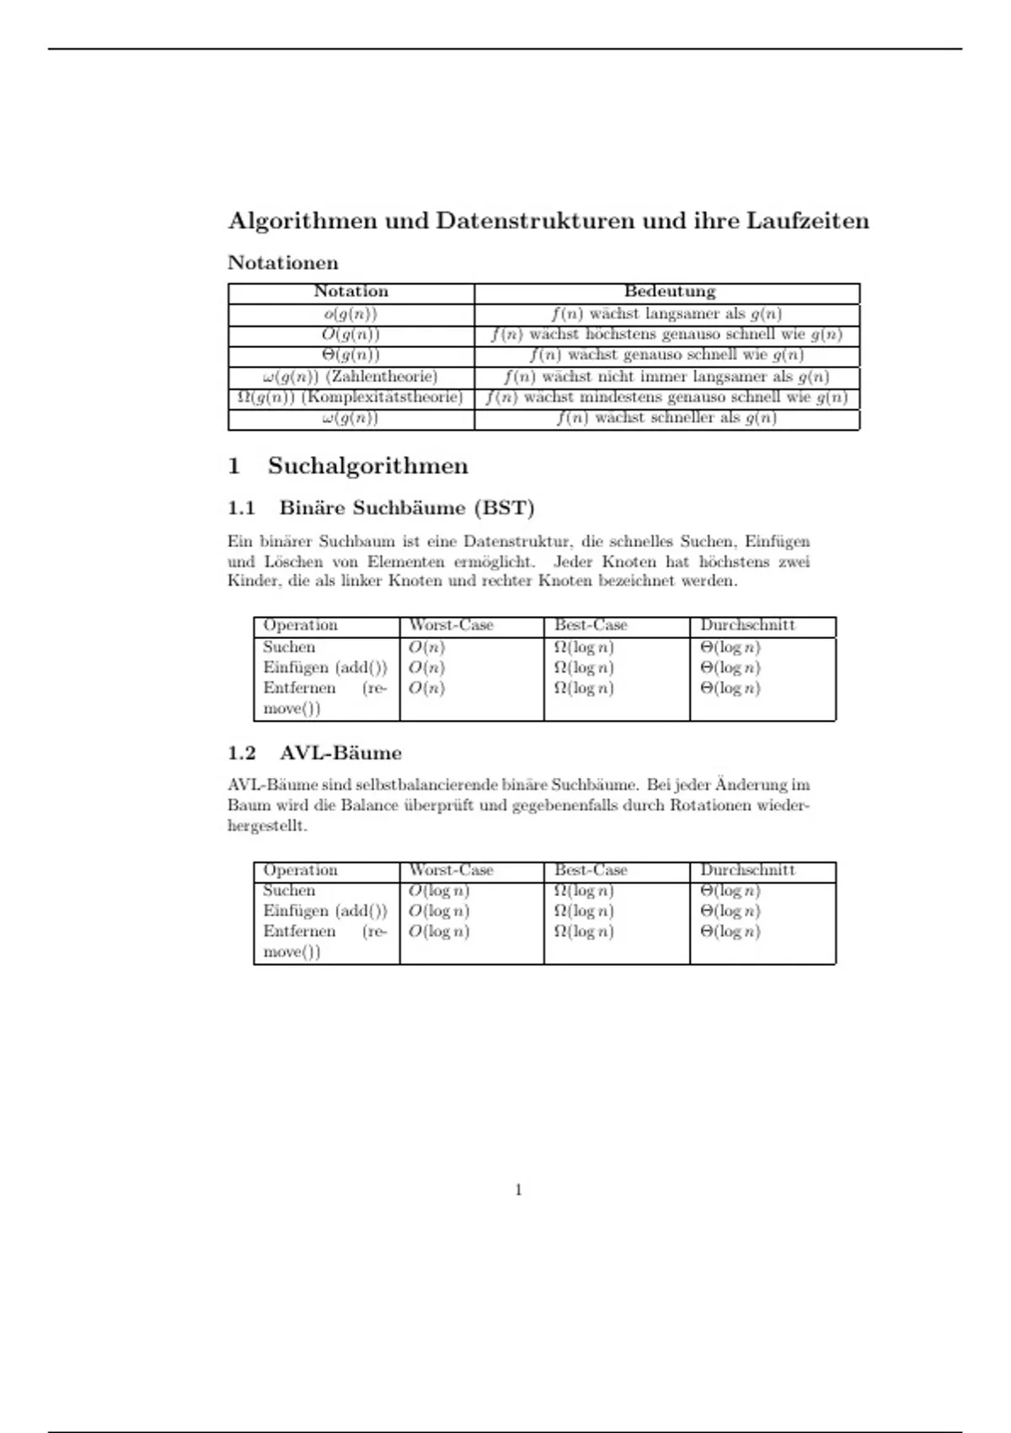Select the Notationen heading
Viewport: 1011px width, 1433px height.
pyautogui.click(x=283, y=263)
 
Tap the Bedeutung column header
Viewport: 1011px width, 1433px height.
pyautogui.click(x=669, y=292)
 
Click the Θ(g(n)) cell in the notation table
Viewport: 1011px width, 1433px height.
pyautogui.click(x=350, y=355)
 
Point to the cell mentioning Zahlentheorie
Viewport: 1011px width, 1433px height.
pyautogui.click(x=350, y=377)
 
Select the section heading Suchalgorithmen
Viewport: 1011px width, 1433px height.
pyautogui.click(x=367, y=466)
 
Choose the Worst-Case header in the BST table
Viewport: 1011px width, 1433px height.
pyautogui.click(x=451, y=625)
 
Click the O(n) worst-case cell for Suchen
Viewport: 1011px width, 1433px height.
pyautogui.click(x=426, y=647)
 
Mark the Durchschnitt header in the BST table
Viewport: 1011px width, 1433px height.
pyautogui.click(x=747, y=625)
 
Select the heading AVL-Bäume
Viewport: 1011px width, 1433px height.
pyautogui.click(x=340, y=753)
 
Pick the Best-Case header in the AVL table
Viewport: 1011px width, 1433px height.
pyautogui.click(x=591, y=870)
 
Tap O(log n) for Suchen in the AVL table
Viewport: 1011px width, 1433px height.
pyautogui.click(x=439, y=891)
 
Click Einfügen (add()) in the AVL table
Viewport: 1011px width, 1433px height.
pyautogui.click(x=325, y=911)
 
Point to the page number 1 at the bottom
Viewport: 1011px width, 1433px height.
pyautogui.click(x=518, y=1190)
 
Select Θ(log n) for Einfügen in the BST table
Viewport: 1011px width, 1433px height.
pyautogui.click(x=730, y=668)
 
